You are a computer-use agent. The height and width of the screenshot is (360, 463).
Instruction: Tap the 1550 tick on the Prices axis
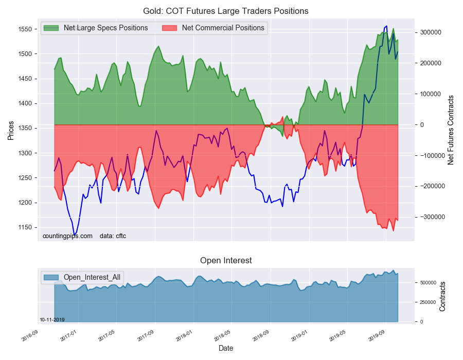[26, 29]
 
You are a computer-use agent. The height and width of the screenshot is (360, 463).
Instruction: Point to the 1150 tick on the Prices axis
[26, 227]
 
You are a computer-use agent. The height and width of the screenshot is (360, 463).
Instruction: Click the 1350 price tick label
[26, 129]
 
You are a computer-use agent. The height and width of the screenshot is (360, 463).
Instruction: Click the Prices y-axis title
[11, 130]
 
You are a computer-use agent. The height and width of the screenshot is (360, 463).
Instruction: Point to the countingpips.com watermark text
[67, 236]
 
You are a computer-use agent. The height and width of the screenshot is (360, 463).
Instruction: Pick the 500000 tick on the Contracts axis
[428, 283]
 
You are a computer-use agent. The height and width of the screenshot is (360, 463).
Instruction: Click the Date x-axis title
[226, 348]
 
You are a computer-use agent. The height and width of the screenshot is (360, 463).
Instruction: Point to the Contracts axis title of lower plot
[443, 296]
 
